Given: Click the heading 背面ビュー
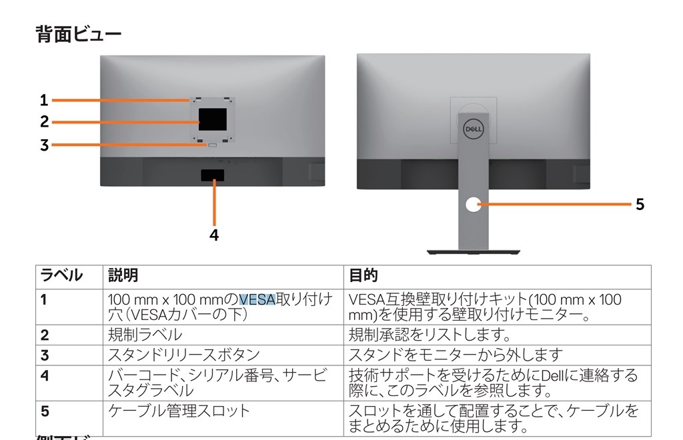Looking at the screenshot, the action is point(79,34).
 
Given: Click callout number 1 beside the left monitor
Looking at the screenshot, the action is point(44,100).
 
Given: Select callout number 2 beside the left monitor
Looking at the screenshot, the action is point(45,122).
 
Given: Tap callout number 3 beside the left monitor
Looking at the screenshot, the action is point(45,145).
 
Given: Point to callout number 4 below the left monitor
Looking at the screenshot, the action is point(214,235).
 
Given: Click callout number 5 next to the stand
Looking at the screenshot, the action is point(640,204).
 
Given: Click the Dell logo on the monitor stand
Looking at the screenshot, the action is point(474,129).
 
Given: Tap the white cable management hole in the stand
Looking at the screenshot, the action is point(474,205).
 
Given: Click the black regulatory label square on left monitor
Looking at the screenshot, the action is point(213,119).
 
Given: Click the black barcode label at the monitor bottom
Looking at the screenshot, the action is point(213,175).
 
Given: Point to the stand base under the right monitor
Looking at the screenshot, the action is point(474,252).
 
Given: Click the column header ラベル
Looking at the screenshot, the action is point(61,275).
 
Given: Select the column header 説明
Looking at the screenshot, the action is point(123,275).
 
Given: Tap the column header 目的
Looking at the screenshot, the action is point(364,275).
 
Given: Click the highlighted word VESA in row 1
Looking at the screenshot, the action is point(257,299).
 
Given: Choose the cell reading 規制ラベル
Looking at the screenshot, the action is point(145,335).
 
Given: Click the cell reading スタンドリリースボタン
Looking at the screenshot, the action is point(184,355).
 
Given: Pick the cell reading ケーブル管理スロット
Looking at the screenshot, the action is point(179,411).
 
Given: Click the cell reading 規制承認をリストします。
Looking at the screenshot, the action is point(430,335).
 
